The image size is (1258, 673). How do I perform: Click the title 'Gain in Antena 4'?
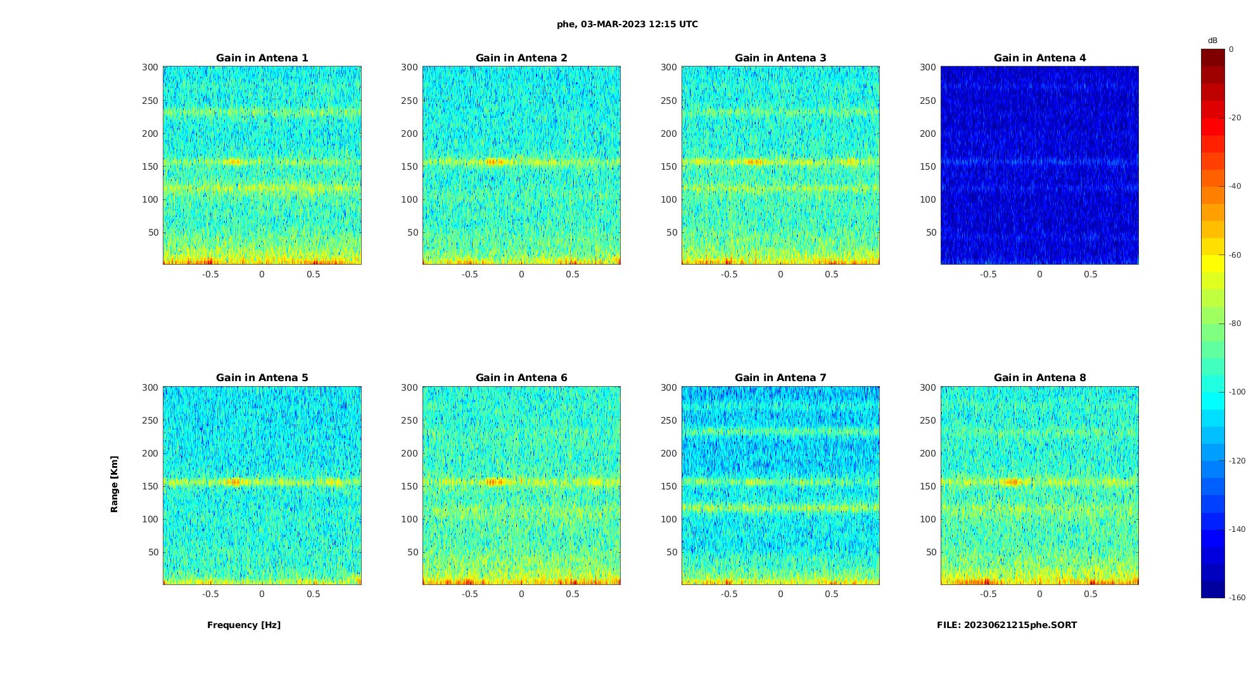(x=1039, y=58)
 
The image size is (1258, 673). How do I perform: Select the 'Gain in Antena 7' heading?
(x=780, y=378)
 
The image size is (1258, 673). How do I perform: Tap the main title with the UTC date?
(x=627, y=25)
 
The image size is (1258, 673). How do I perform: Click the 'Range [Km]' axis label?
(x=115, y=484)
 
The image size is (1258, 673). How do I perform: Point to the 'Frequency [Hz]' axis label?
(x=244, y=625)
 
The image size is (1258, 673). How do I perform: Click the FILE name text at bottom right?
(x=1007, y=625)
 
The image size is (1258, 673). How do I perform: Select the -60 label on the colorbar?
(x=1235, y=255)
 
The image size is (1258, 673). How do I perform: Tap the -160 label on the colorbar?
(x=1237, y=598)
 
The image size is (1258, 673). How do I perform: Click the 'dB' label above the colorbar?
(x=1212, y=41)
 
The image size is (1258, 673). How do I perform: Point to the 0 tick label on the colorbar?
(x=1231, y=49)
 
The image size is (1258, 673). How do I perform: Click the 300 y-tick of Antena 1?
(x=149, y=67)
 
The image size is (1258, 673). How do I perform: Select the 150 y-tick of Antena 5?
(x=149, y=486)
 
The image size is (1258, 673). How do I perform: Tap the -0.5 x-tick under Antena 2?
(x=469, y=274)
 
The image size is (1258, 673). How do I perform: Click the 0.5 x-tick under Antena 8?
(x=1090, y=594)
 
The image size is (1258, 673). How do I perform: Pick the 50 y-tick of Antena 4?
(x=931, y=232)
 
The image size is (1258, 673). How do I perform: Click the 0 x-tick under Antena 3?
(x=780, y=274)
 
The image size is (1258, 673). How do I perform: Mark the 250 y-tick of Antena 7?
(x=668, y=420)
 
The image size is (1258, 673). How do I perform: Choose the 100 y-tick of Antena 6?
(x=409, y=519)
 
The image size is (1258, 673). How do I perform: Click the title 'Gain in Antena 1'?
(x=262, y=58)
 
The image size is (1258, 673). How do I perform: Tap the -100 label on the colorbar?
(x=1237, y=392)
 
